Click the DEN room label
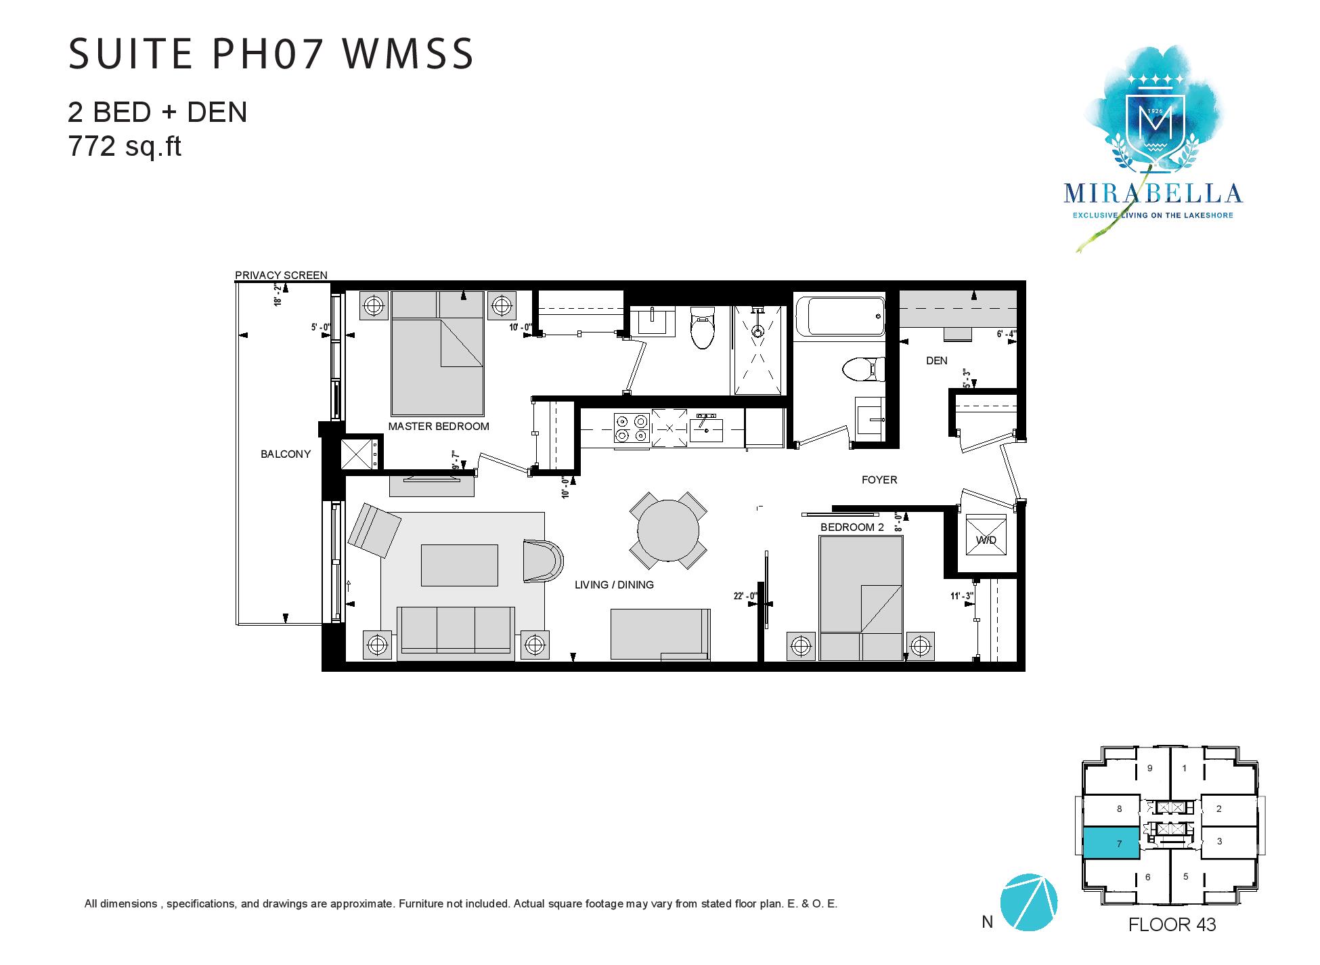click(937, 361)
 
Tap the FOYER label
click(879, 480)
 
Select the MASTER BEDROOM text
click(439, 427)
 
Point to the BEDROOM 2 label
click(852, 528)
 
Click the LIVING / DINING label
click(614, 585)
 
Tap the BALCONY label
click(286, 454)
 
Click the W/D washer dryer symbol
click(986, 536)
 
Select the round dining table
click(669, 530)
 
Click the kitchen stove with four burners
click(631, 429)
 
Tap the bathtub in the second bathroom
click(839, 316)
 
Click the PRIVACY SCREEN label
click(281, 276)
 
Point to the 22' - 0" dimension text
click(745, 597)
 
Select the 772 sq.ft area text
click(125, 146)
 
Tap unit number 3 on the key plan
click(1220, 842)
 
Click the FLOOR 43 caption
click(1172, 924)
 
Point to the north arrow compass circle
click(1028, 903)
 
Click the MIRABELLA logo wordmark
click(1153, 194)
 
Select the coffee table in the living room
click(460, 565)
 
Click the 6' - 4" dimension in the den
click(1007, 334)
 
